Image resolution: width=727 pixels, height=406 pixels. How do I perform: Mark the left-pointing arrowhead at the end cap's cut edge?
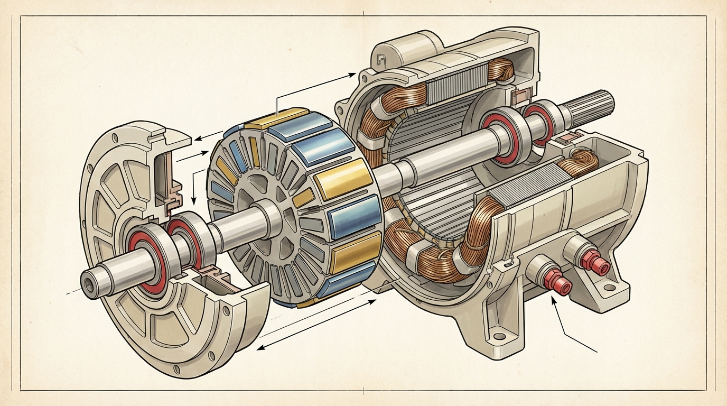pos(197,139)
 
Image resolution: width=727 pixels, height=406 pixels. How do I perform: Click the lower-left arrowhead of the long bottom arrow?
pos(260,348)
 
